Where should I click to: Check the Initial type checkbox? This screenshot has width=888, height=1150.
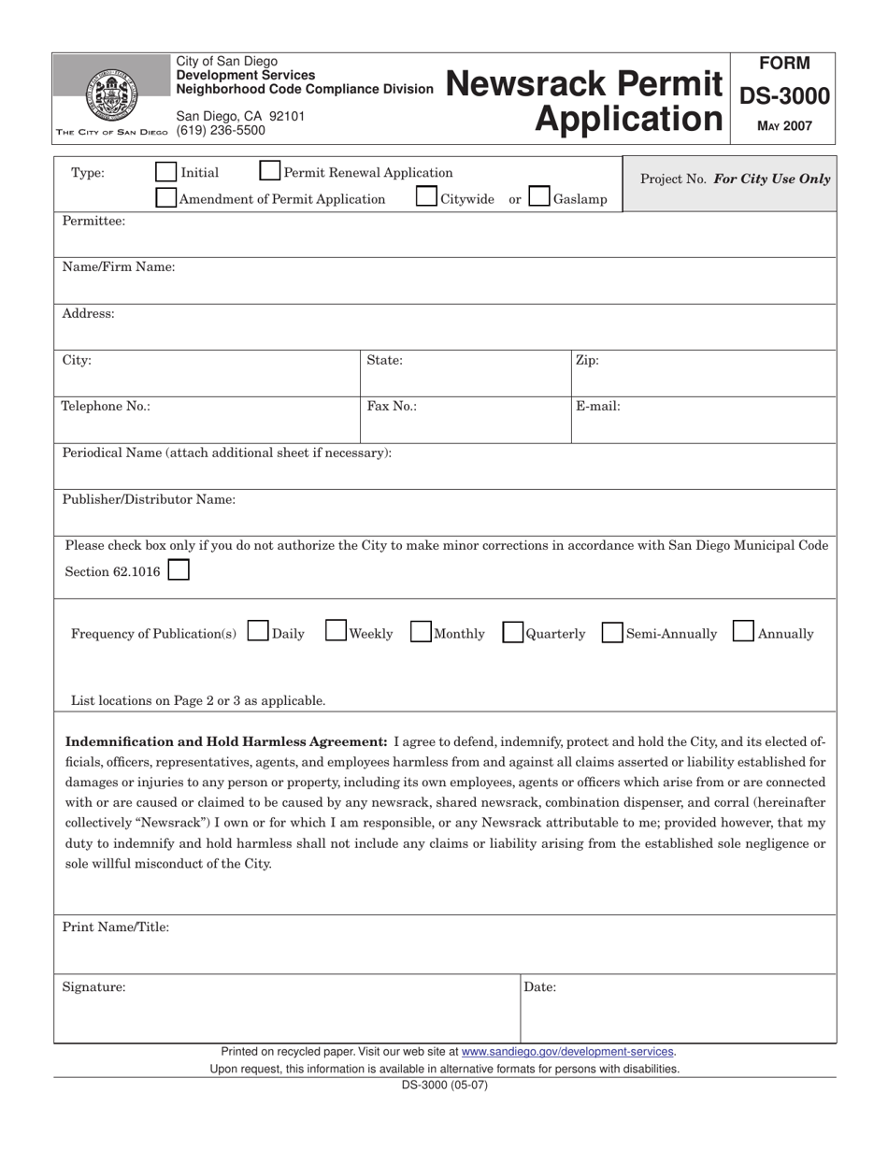tap(165, 172)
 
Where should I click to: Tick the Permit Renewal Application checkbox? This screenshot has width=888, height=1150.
tap(268, 171)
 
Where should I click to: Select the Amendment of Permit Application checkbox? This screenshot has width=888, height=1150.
tap(165, 197)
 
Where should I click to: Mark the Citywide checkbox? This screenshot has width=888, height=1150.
tap(425, 197)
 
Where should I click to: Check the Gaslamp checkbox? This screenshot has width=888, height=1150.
tap(538, 197)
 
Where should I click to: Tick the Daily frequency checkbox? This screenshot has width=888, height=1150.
tap(258, 633)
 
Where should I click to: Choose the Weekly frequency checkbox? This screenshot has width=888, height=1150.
tap(336, 632)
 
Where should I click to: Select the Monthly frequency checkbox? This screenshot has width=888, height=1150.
tap(421, 633)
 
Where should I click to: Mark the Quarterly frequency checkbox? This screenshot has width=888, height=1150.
tap(512, 633)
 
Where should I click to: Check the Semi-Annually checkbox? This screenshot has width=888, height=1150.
tap(612, 633)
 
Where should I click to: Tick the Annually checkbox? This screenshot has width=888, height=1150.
tap(743, 632)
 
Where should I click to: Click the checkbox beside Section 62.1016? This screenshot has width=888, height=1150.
tap(179, 570)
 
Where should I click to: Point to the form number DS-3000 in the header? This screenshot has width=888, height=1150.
tap(784, 95)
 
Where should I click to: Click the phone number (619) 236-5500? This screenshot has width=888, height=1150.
tap(221, 131)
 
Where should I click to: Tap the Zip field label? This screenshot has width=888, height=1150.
tap(587, 360)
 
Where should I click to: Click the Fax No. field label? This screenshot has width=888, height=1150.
tap(392, 407)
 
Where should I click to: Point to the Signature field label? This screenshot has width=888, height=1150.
tap(93, 986)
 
